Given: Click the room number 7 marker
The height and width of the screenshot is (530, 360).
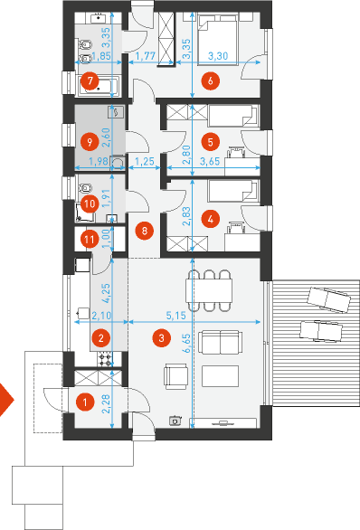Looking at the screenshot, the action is pos(90,81).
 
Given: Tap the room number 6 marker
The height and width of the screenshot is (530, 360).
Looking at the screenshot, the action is pos(210,81).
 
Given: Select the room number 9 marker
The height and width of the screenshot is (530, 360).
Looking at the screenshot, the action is pos(90,142).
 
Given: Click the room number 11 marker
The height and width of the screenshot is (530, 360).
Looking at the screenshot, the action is pos(90,240).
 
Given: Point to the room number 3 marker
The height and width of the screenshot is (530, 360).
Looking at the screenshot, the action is pos(161,337).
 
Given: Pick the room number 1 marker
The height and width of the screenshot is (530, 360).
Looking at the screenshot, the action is pos(84,402).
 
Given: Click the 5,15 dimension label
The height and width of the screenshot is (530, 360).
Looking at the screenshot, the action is pos(176,316).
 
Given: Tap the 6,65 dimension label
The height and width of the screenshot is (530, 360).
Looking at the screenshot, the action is pos(186,343).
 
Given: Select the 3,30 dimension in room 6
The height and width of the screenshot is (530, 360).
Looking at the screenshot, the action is pos(218,56).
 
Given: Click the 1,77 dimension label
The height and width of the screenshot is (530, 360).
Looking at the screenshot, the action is pos(146,56).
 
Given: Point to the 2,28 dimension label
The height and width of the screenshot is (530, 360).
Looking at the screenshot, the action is pos(106,404).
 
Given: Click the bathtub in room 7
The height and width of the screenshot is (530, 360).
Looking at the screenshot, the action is pos(99,85).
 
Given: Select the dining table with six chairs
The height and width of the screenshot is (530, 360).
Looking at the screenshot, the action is pos(209,290).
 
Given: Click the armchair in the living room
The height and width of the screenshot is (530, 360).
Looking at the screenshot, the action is pos(175,376).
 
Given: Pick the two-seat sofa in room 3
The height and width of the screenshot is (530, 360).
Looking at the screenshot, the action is pos(221,343).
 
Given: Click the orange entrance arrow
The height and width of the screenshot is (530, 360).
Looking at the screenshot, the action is pos(6,400).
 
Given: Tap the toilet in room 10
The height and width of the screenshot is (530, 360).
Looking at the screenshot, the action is pos(86,186).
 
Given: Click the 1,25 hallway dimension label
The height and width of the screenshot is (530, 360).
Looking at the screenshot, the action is pos(145,162).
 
